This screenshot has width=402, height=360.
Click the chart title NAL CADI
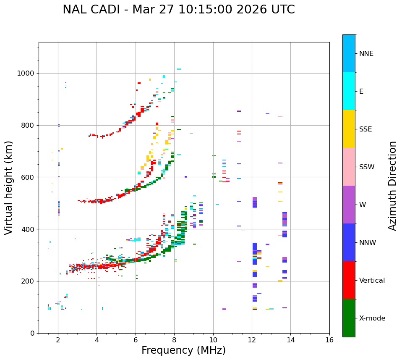click(178, 10)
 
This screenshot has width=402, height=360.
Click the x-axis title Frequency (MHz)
click(183, 350)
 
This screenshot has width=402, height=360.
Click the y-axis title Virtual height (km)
click(9, 188)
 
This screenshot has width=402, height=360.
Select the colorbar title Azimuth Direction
click(392, 186)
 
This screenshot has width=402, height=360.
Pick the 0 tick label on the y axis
click(33, 333)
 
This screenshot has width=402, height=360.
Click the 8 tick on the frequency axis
click(174, 340)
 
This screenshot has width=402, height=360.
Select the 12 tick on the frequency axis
click(252, 340)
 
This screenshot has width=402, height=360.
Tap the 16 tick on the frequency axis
click(329, 340)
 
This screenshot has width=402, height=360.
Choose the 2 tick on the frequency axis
click(58, 340)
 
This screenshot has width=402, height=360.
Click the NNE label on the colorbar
click(366, 54)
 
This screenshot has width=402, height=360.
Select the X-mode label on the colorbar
click(372, 318)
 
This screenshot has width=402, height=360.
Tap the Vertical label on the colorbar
click(372, 281)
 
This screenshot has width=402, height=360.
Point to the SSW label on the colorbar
click(367, 167)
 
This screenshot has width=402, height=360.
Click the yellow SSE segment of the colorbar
click(349, 129)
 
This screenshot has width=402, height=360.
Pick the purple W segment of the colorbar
click(349, 205)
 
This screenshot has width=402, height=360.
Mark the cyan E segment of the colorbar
click(349, 91)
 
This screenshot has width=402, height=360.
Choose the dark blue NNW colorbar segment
click(349, 242)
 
